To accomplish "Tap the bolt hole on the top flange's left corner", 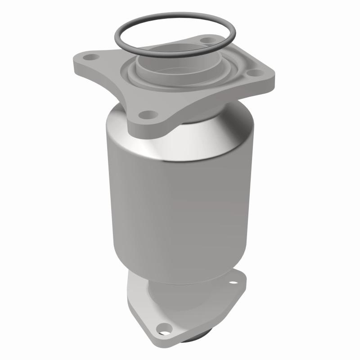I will [x=92, y=58].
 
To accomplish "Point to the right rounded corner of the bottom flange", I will [x=243, y=281].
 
